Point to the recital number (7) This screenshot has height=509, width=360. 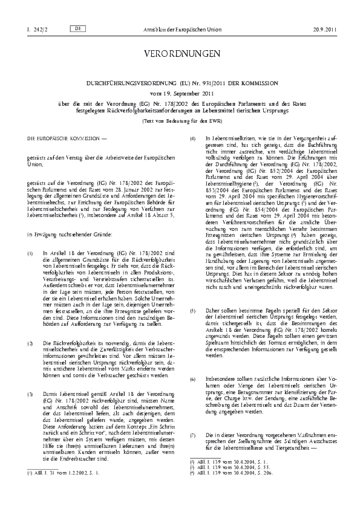193,435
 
